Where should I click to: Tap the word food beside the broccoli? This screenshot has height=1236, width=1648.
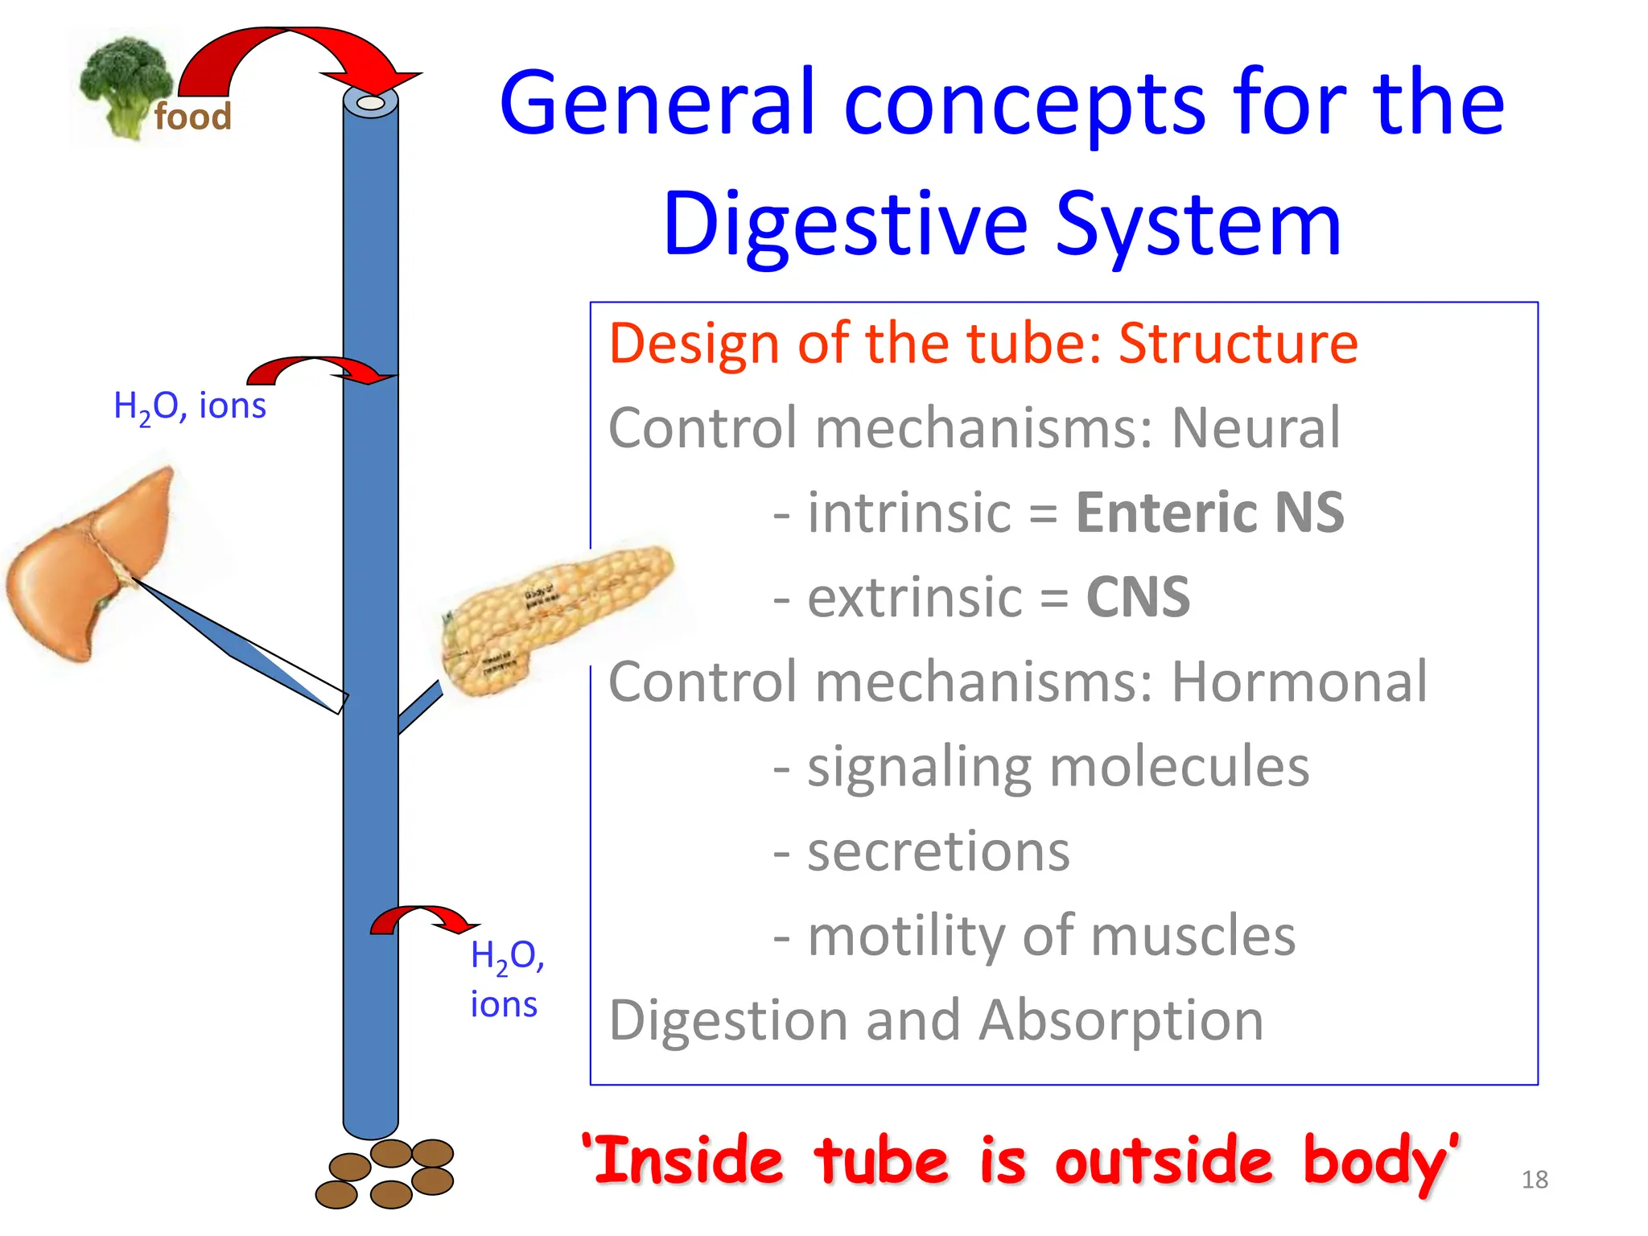(192, 117)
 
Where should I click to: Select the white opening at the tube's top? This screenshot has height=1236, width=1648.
(370, 104)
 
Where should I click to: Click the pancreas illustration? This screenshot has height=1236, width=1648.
(555, 616)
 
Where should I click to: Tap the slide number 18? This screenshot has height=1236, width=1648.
(1535, 1180)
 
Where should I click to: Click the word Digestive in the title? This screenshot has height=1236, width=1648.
(845, 225)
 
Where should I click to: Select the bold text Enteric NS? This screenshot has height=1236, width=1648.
(1209, 513)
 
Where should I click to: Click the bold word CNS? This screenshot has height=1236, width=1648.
(1137, 598)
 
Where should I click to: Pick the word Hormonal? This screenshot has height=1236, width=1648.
(1299, 682)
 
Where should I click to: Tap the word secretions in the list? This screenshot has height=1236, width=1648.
(938, 851)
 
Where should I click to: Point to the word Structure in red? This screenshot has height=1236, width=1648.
(1238, 344)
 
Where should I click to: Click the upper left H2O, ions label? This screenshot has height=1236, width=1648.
(189, 406)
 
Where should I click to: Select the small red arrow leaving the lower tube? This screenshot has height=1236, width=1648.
(422, 920)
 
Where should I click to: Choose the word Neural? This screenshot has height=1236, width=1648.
(1255, 428)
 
